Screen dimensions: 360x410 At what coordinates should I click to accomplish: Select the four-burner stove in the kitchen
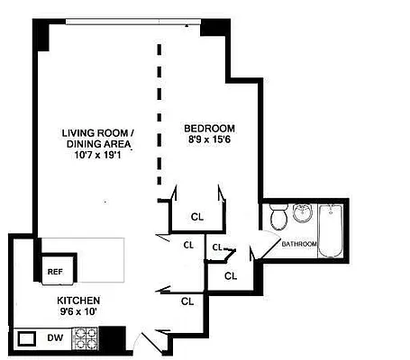85,338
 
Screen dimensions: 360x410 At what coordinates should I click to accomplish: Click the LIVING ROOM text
97,133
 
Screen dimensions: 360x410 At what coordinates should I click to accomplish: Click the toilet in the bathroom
278,217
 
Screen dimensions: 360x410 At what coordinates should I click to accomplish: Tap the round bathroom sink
302,214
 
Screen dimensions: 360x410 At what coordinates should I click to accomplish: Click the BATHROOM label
298,244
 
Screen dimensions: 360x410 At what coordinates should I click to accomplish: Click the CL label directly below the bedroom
196,217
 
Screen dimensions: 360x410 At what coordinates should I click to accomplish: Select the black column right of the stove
112,338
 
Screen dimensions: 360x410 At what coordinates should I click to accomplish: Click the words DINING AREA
97,144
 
